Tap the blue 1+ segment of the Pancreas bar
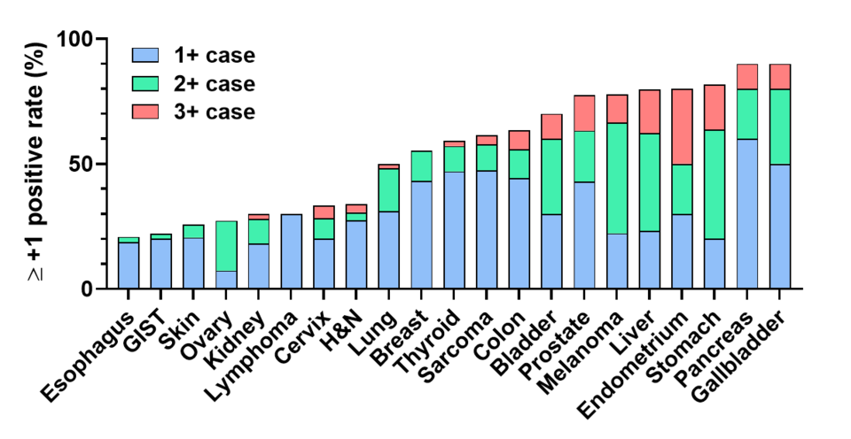pos(746,213)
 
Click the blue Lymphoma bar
pos(291,251)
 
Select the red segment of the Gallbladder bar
pos(779,77)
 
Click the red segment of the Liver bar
pos(650,112)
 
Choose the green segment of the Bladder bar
pos(551,177)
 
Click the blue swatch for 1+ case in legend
pos(146,56)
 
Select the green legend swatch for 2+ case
pos(146,84)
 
